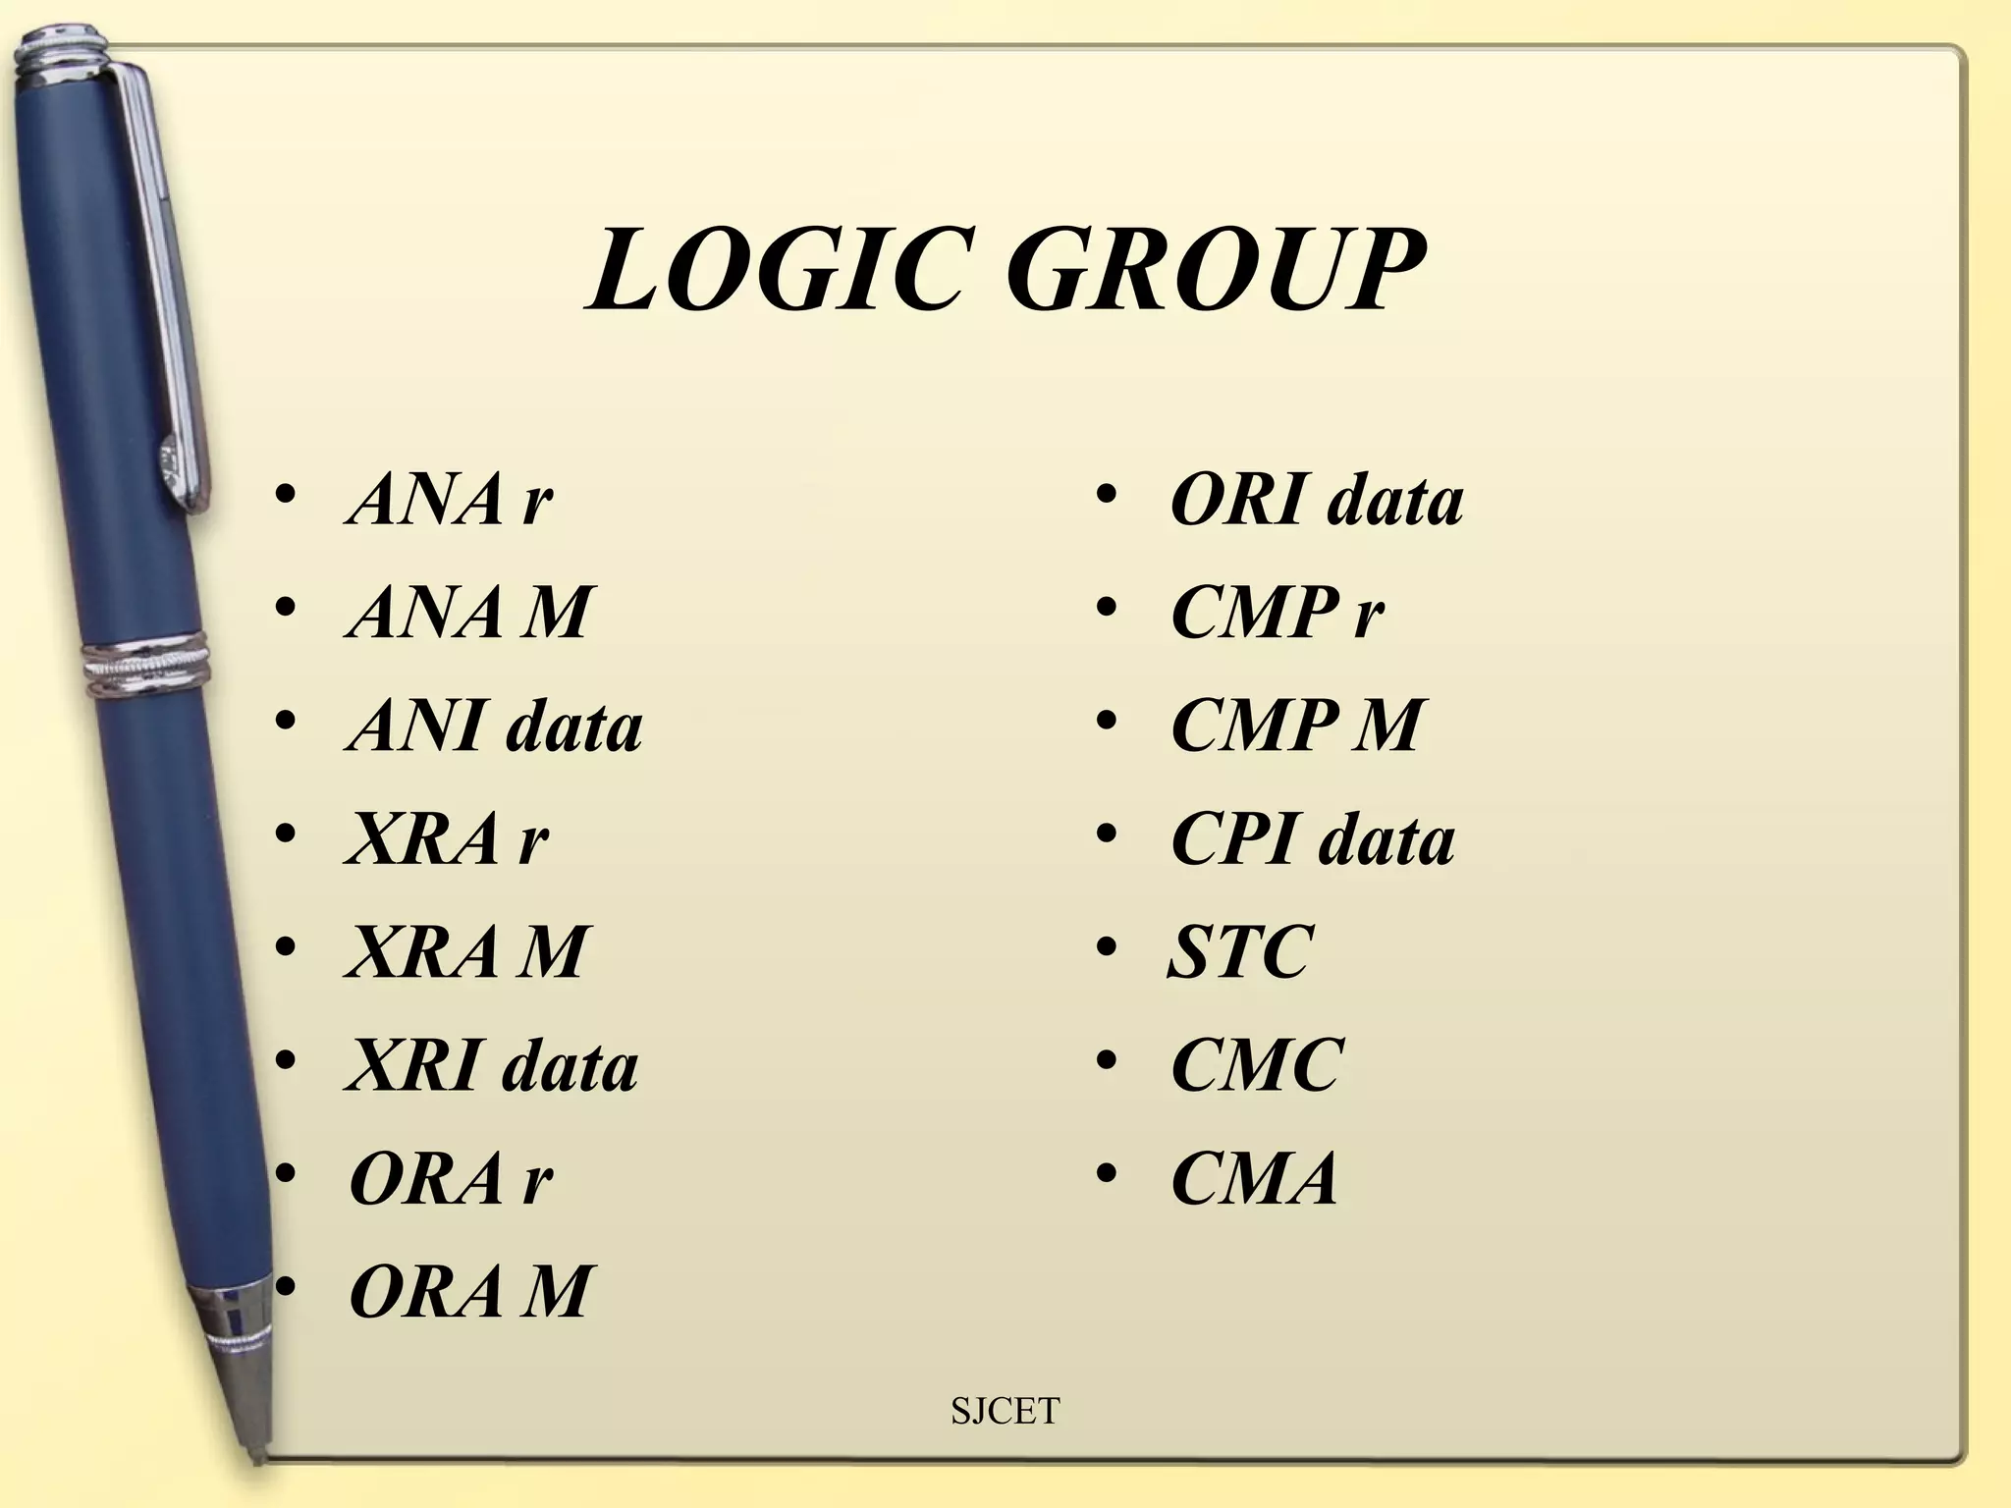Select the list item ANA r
pyautogui.click(x=450, y=500)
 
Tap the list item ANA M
pyautogui.click(x=469, y=613)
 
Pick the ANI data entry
pyautogui.click(x=495, y=727)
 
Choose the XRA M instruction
pyautogui.click(x=467, y=951)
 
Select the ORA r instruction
pyautogui.click(x=451, y=1178)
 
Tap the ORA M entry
pyautogui.click(x=470, y=1291)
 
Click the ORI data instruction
pyautogui.click(x=1317, y=500)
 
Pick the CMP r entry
pyautogui.click(x=1277, y=613)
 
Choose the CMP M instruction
pyautogui.click(x=1296, y=727)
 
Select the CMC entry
pyautogui.click(x=1257, y=1065)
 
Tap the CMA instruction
pyautogui.click(x=1255, y=1178)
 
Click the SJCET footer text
pyautogui.click(x=1005, y=1411)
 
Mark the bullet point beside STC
pyautogui.click(x=1107, y=949)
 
